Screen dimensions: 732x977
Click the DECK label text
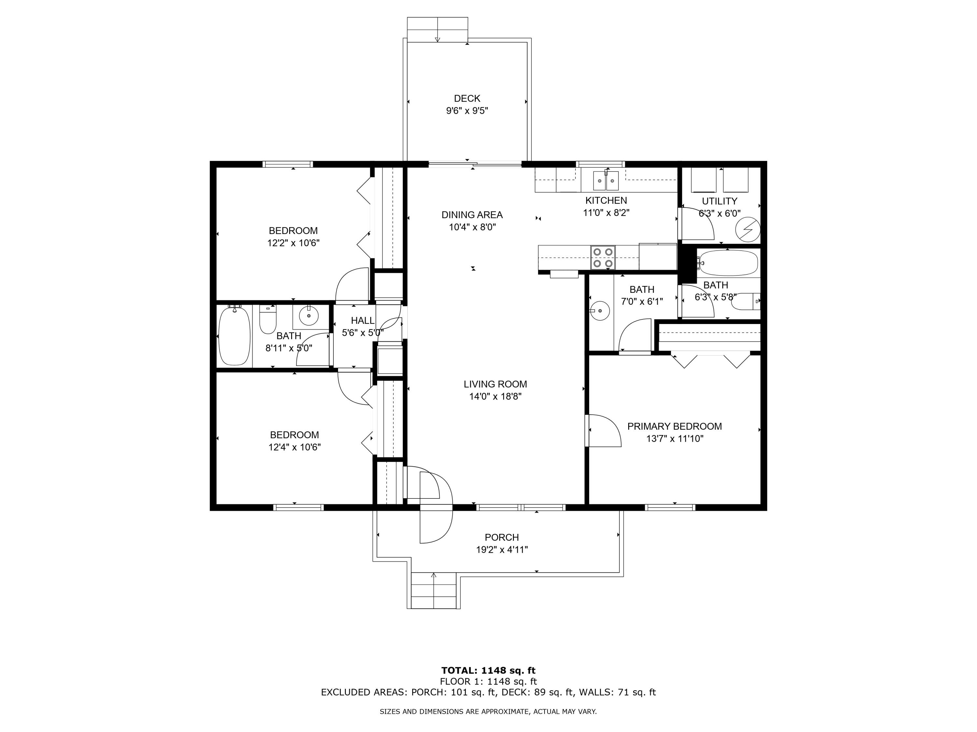pos(467,98)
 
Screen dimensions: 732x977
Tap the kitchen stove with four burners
pos(603,258)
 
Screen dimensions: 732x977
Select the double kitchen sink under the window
pos(605,180)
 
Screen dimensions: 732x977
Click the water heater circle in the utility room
pos(748,229)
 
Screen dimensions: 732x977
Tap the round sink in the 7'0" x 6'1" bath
pos(600,311)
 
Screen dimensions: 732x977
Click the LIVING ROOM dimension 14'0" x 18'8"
pos(495,397)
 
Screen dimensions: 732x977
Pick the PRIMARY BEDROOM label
pos(674,426)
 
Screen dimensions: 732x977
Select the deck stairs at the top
pos(437,30)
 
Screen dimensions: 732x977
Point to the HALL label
pos(362,320)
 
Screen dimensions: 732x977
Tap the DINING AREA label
pos(472,215)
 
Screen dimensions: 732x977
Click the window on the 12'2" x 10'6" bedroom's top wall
pos(288,164)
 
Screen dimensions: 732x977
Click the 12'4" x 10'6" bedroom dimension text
pos(294,447)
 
